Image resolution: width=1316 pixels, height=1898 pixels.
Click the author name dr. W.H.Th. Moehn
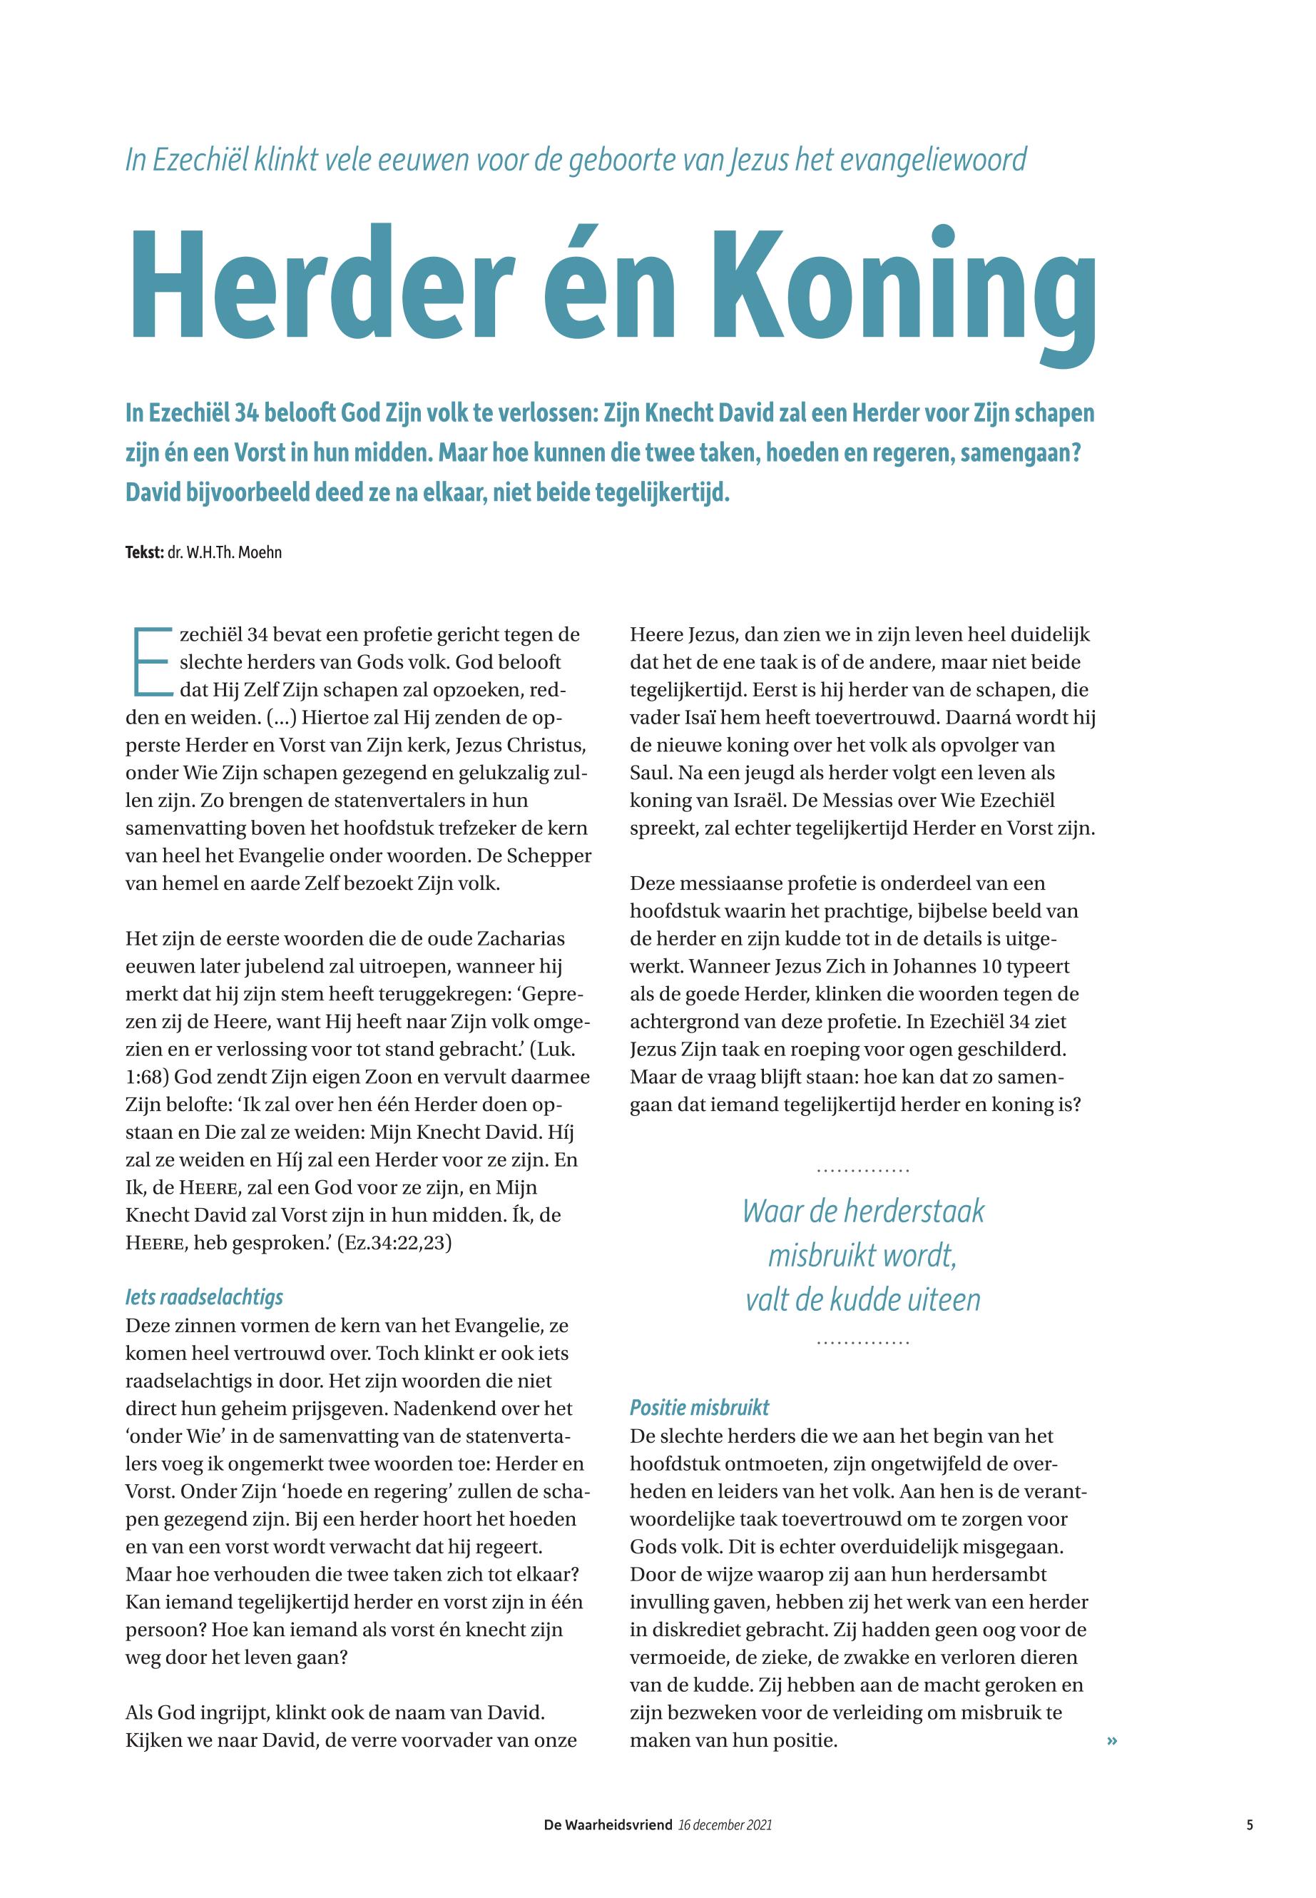click(224, 553)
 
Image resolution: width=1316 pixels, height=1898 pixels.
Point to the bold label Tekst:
click(144, 553)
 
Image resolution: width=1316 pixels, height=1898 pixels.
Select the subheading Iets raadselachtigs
click(204, 1297)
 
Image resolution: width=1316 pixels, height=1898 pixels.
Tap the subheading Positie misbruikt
click(699, 1407)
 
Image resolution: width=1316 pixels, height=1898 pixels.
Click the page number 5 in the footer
click(1250, 1825)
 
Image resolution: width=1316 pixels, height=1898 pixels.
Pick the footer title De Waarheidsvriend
click(608, 1825)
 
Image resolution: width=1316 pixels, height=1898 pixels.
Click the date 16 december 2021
click(725, 1825)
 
